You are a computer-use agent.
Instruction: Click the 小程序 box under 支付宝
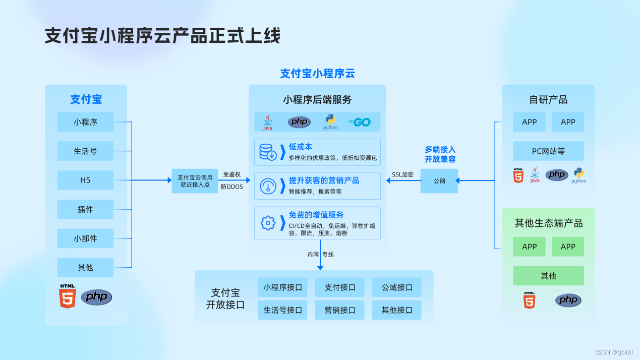[x=85, y=122]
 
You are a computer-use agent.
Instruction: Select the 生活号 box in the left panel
[x=85, y=151]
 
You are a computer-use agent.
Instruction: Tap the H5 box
[x=85, y=180]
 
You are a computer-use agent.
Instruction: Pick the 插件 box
[x=85, y=209]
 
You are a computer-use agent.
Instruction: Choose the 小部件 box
[x=85, y=238]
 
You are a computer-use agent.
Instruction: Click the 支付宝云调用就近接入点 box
[x=195, y=181]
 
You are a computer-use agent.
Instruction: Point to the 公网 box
[x=439, y=181]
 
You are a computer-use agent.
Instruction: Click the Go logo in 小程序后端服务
[x=359, y=122]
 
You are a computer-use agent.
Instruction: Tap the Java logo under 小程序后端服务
[x=267, y=122]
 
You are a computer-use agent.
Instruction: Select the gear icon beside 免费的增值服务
[x=267, y=222]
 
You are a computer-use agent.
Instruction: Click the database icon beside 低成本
[x=267, y=152]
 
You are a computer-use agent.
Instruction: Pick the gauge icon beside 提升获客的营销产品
[x=267, y=186]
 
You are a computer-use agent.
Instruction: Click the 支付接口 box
[x=340, y=287]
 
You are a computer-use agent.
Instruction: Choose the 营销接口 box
[x=340, y=310]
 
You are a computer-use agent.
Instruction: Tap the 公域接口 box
[x=397, y=287]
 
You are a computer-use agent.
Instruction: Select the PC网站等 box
[x=548, y=151]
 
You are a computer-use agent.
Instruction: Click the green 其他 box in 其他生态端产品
[x=548, y=276]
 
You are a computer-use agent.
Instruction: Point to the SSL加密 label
[x=402, y=174]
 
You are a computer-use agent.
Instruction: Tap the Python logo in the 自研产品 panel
[x=578, y=175]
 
